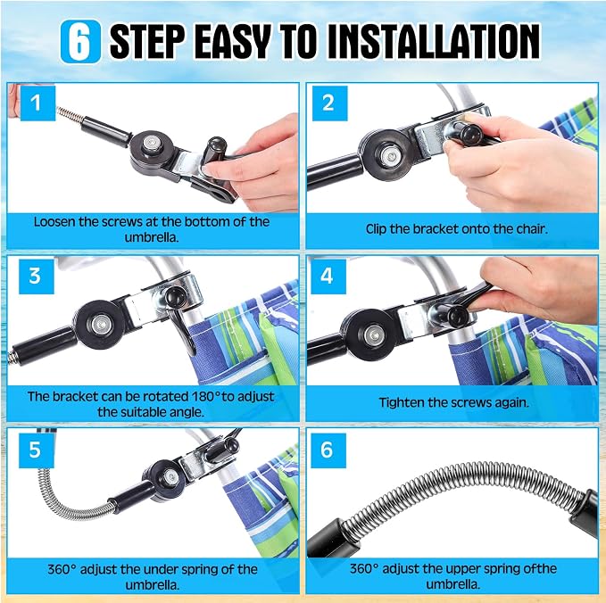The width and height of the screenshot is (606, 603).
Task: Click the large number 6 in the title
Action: [81, 41]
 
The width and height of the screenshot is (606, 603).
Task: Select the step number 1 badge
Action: [37, 103]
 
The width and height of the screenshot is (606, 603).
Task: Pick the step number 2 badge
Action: [329, 103]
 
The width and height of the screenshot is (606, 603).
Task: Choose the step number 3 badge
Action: [37, 277]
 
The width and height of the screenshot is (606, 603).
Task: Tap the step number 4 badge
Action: [328, 277]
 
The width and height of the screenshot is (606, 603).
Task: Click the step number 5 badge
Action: [37, 450]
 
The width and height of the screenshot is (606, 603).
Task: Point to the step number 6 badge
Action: [328, 450]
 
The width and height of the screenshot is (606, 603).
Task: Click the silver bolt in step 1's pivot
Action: [150, 145]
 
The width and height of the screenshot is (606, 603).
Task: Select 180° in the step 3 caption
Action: [206, 396]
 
